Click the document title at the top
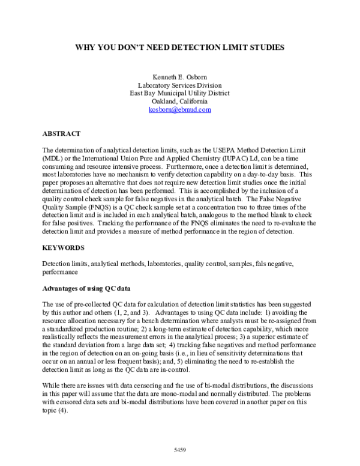click(179, 46)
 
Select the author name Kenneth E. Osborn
click(179, 76)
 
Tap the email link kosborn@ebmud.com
click(179, 110)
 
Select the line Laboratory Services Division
click(179, 85)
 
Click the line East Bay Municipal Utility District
click(179, 94)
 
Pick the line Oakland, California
click(179, 102)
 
